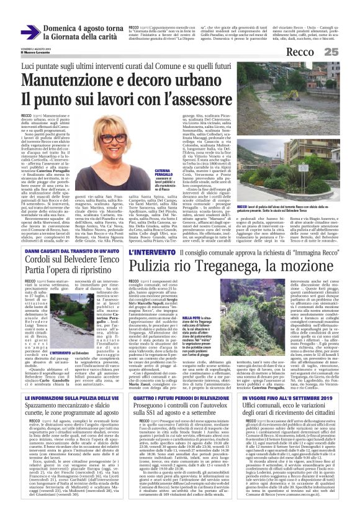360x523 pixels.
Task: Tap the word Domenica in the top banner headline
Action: pyautogui.click(x=63, y=29)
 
